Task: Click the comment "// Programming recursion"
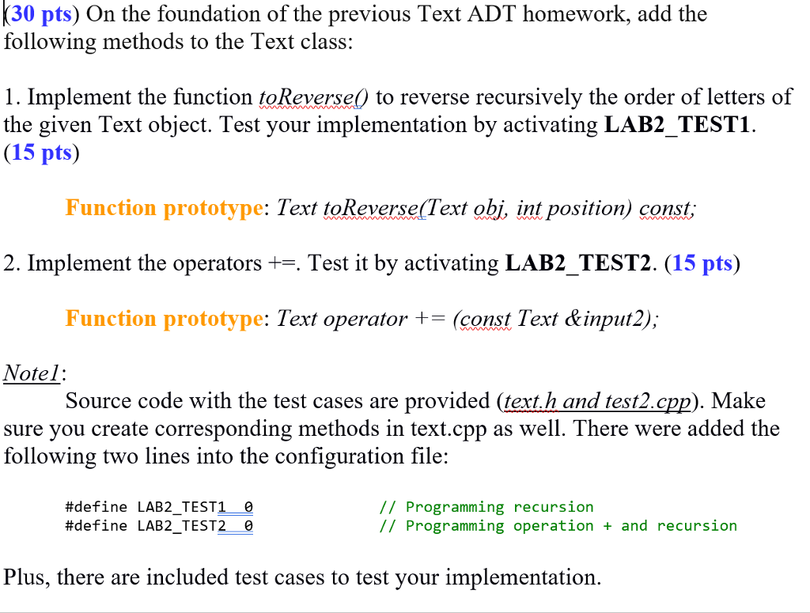(486, 507)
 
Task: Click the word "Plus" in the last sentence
(25, 577)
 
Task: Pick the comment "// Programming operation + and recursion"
(558, 526)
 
